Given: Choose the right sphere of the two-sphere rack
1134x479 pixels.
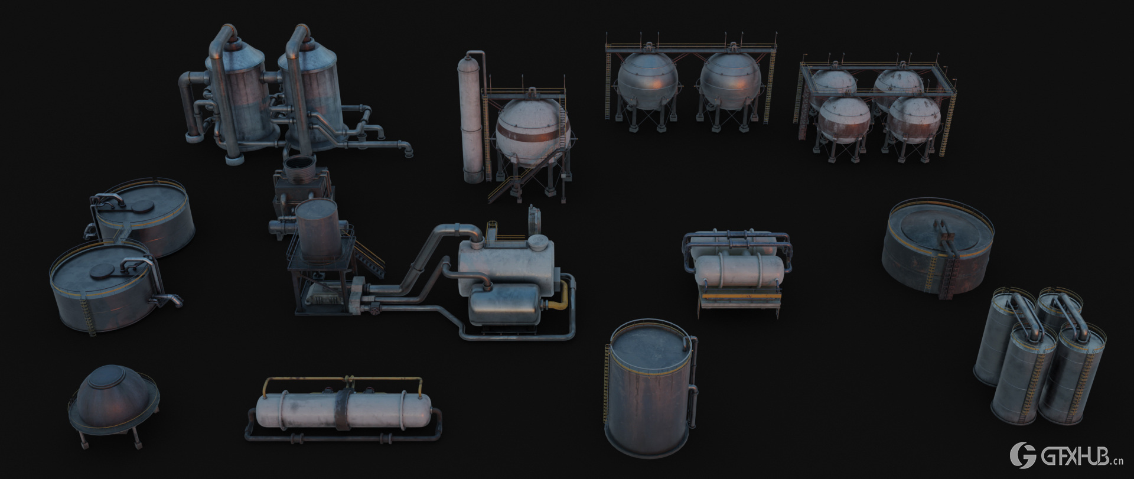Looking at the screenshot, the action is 731,82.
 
